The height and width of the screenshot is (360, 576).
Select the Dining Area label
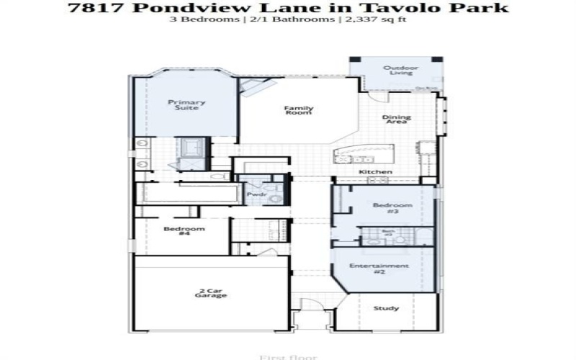coord(396,120)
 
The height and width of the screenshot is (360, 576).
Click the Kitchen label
coord(375,172)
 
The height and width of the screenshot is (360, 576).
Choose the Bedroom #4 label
coord(175,230)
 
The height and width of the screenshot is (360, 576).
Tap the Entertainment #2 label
coord(379,269)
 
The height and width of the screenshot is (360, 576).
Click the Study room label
coord(386,308)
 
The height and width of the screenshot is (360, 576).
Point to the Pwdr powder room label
coord(256,194)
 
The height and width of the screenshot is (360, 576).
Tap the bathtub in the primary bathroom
coord(192,148)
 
